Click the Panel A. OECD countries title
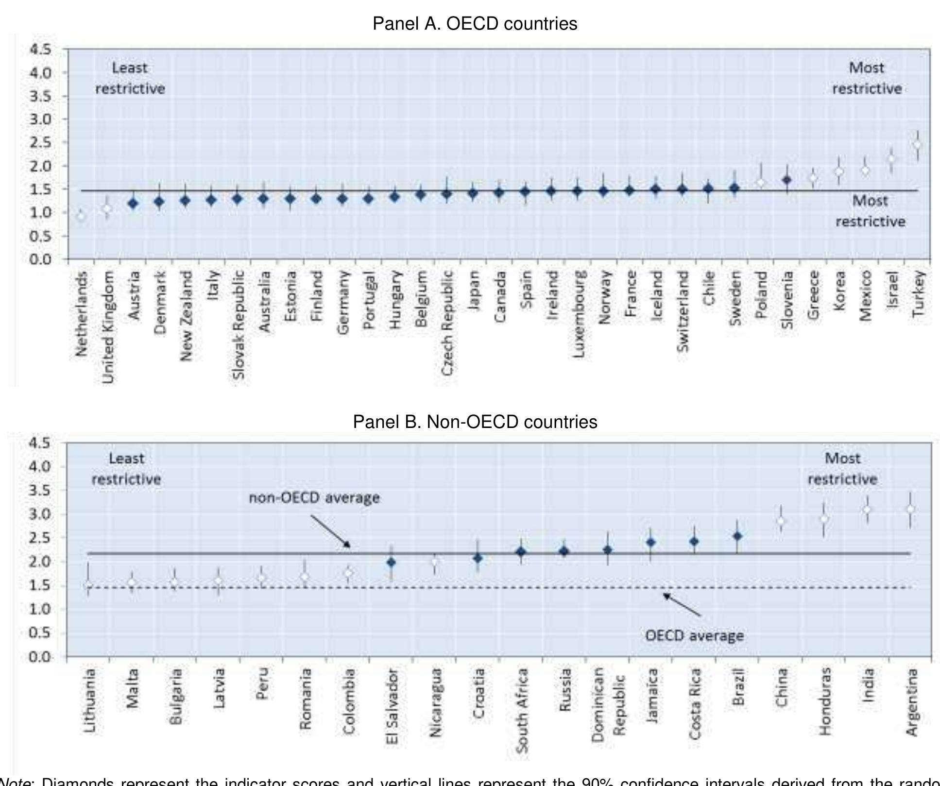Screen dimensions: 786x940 [475, 23]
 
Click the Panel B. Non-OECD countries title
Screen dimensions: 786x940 [475, 421]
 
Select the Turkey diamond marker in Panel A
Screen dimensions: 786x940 [917, 145]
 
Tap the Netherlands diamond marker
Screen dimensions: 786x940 [81, 216]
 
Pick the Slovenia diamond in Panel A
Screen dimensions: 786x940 [787, 180]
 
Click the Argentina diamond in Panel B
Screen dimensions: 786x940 [910, 509]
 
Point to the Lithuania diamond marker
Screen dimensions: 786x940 [88, 586]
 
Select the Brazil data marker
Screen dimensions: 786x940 [737, 536]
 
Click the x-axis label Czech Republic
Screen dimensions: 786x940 [447, 323]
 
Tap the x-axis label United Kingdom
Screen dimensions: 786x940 [108, 327]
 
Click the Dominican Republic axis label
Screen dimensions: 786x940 [607, 703]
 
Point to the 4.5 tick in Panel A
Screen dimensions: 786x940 [40, 49]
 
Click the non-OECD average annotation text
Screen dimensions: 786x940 [314, 498]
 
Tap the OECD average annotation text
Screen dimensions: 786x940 [694, 635]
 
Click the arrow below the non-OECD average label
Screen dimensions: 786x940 [330, 531]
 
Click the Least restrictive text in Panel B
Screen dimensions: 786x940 [126, 469]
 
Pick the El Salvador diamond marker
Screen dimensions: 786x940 [391, 563]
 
